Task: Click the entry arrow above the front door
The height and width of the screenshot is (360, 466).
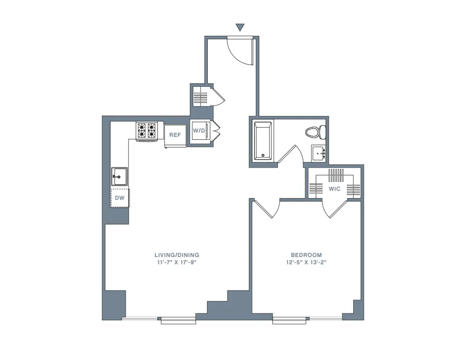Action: point(240,27)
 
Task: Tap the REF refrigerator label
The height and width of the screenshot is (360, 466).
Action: point(175,135)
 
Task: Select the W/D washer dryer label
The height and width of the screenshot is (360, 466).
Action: point(199,130)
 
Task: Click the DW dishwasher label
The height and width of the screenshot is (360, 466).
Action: point(119,198)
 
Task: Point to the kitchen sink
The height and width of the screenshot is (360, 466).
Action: point(119,177)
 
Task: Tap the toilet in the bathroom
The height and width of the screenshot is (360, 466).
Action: point(315,132)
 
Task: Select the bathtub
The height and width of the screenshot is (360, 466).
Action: point(263,141)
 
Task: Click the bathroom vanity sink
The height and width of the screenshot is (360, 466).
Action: point(319,152)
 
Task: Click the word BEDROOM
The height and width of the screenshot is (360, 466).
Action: point(306,255)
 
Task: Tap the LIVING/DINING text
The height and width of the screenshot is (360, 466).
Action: point(177,255)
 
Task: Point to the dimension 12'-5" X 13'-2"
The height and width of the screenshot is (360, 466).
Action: point(306,263)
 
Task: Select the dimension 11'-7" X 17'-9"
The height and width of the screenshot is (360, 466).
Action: point(177,263)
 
